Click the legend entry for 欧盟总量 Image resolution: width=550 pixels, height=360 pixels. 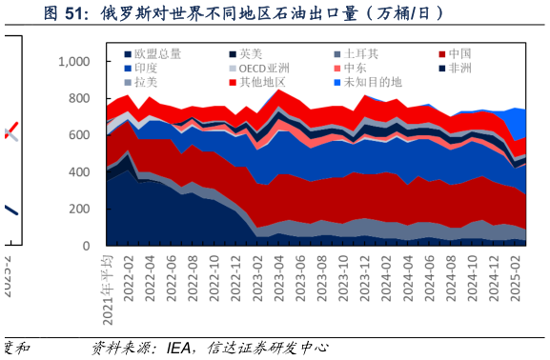pyautogui.click(x=152, y=54)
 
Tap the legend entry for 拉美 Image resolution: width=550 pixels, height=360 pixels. pyautogui.click(x=146, y=83)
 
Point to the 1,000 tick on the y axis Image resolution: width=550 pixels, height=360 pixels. pyautogui.click(x=73, y=62)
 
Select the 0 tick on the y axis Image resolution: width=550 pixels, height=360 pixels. pyautogui.click(x=87, y=246)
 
